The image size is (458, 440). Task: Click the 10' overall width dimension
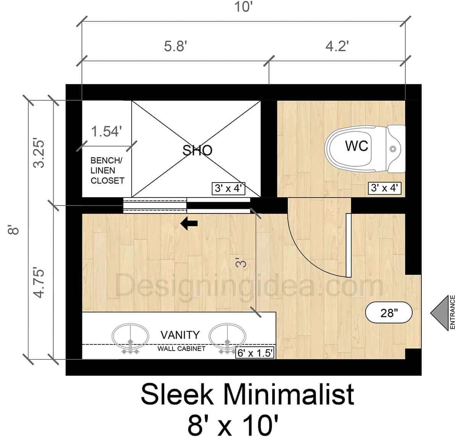click(244, 7)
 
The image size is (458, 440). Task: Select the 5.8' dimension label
click(175, 46)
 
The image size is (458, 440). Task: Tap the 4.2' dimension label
click(337, 46)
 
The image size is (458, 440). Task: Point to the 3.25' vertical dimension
click(39, 153)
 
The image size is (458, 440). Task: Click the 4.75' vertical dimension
click(39, 283)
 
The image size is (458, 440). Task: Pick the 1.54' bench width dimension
click(106, 131)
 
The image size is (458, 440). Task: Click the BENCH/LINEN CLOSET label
click(107, 170)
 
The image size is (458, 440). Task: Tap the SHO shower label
click(197, 150)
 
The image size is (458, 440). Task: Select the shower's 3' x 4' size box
click(228, 188)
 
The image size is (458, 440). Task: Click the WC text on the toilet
click(356, 146)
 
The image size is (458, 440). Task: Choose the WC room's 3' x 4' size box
click(384, 188)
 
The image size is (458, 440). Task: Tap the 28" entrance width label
click(389, 313)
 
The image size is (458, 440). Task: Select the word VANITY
click(180, 335)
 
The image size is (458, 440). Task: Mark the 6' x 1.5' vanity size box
click(255, 353)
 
